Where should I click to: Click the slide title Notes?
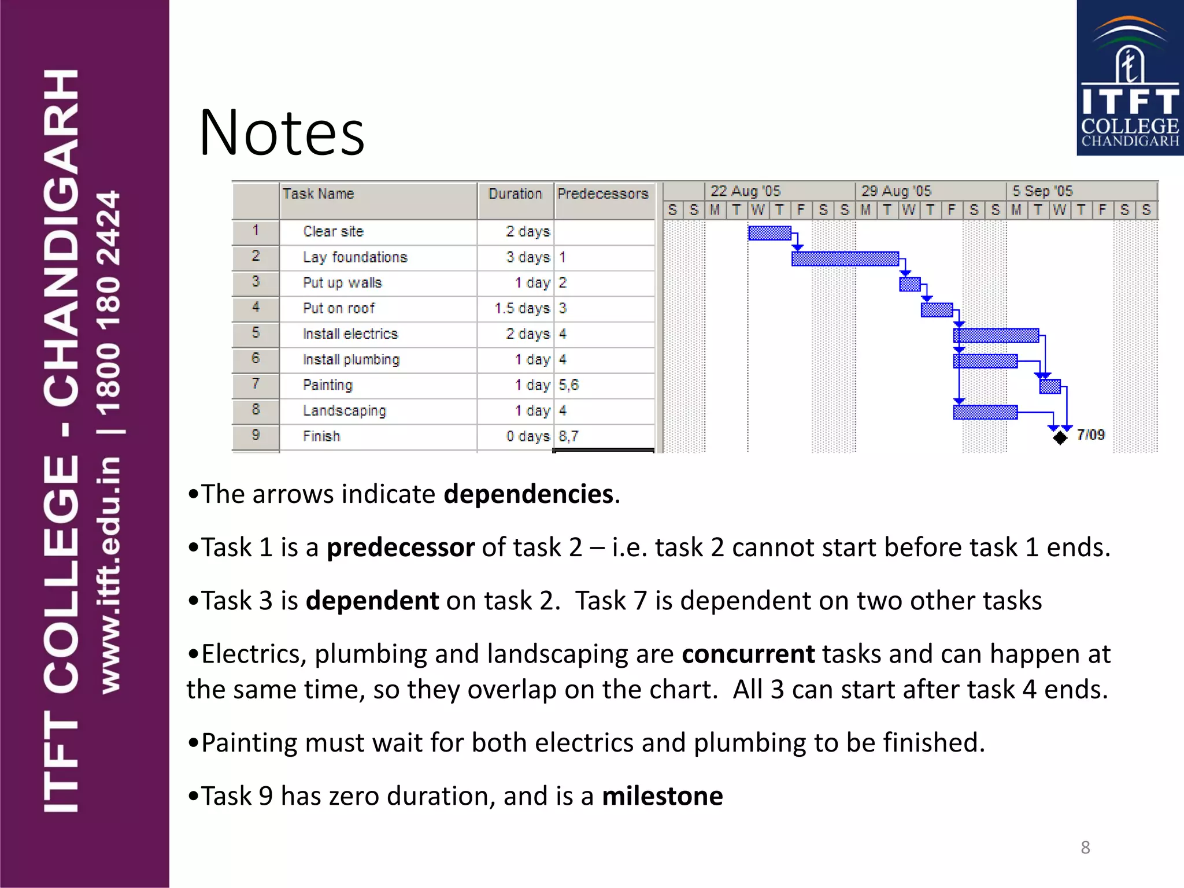click(x=282, y=133)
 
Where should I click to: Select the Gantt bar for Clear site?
click(x=769, y=233)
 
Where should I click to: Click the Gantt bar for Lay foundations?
click(x=845, y=258)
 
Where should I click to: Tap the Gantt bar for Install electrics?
click(x=996, y=335)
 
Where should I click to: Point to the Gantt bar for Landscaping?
click(x=985, y=412)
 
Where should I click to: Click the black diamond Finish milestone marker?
click(x=1060, y=438)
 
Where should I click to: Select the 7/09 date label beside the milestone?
click(x=1090, y=435)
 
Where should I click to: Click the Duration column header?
click(x=515, y=194)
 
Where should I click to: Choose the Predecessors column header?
click(x=603, y=194)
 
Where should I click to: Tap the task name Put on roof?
click(x=339, y=309)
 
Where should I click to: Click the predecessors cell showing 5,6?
click(x=568, y=385)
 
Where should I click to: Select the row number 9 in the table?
click(x=256, y=435)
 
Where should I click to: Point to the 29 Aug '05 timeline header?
click(x=896, y=191)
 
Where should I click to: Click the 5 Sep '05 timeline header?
click(x=1042, y=191)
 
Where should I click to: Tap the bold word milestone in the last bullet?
click(x=662, y=796)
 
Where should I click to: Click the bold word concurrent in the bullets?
click(x=748, y=654)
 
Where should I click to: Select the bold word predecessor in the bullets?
click(x=401, y=547)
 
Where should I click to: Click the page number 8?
click(x=1085, y=848)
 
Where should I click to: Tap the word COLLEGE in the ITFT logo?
click(x=1130, y=126)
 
